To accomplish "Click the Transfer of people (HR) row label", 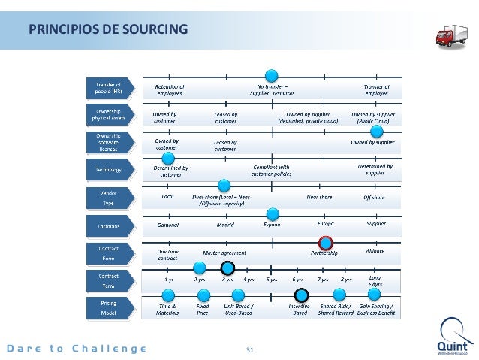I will [x=108, y=89].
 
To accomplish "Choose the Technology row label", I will [x=108, y=170].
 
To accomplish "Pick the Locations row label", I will [x=108, y=225].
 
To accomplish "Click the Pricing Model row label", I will [x=108, y=307].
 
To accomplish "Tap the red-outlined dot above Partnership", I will [x=325, y=242].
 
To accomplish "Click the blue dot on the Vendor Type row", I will [x=223, y=186].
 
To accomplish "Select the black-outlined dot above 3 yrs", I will [x=227, y=268].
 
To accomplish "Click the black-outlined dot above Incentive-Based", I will [x=301, y=295].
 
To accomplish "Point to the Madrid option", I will [x=225, y=225].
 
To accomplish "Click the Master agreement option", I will [x=224, y=253].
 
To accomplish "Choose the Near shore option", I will [x=320, y=198].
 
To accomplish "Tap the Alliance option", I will [x=375, y=250].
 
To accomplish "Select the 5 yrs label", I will [x=272, y=280].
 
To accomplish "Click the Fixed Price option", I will [x=203, y=310].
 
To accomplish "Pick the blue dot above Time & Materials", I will [x=167, y=295].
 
